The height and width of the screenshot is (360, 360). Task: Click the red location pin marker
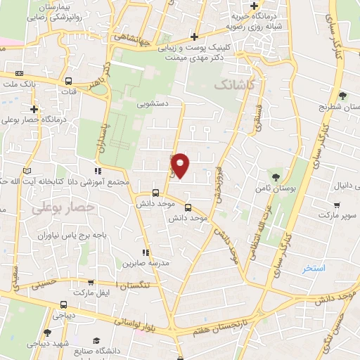click(x=181, y=165)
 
